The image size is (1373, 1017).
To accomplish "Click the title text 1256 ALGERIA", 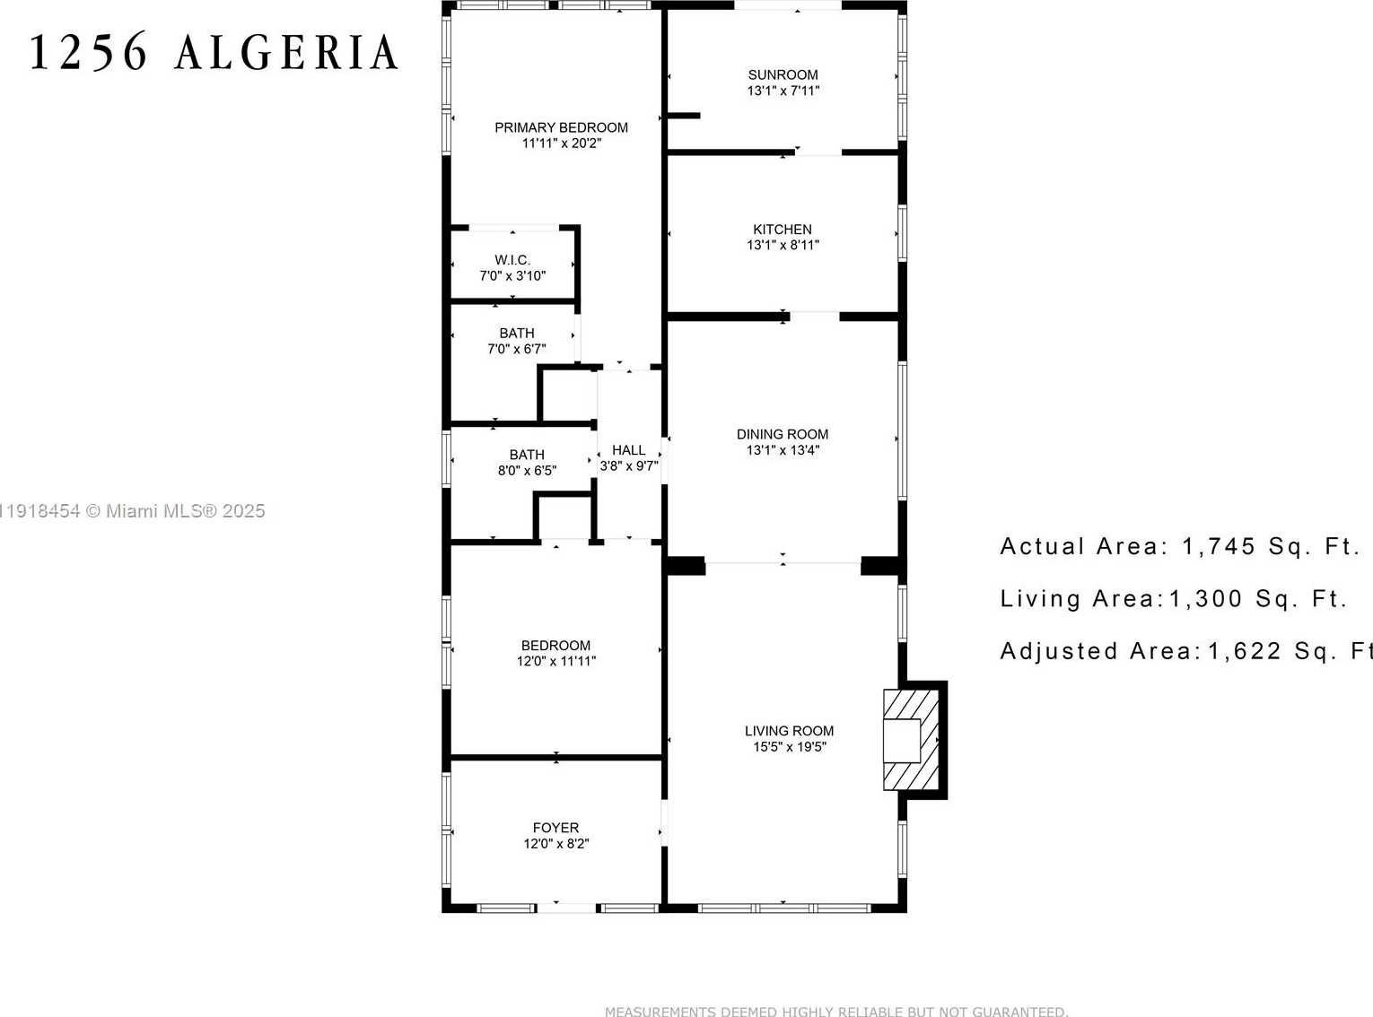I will pyautogui.click(x=214, y=53).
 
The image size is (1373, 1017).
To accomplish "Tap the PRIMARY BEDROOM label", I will pyautogui.click(x=561, y=127).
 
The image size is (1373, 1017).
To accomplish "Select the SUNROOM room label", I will pyautogui.click(x=783, y=75).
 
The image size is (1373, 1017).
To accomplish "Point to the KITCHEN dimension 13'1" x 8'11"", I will pyautogui.click(x=783, y=245).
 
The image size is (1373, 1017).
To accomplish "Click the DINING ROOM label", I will pyautogui.click(x=783, y=434).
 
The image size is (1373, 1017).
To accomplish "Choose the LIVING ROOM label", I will pyautogui.click(x=789, y=731).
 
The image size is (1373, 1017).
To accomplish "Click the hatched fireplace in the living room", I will pyautogui.click(x=910, y=740).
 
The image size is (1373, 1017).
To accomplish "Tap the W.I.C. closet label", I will pyautogui.click(x=512, y=260).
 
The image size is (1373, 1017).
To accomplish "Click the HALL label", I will pyautogui.click(x=628, y=450).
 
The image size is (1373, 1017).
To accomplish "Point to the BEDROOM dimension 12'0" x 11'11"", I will pyautogui.click(x=555, y=661).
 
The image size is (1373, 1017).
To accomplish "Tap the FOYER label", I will pyautogui.click(x=555, y=828).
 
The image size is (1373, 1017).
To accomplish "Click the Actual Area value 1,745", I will pyautogui.click(x=1218, y=546).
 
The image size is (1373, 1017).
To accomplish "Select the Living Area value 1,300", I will pyautogui.click(x=1205, y=598).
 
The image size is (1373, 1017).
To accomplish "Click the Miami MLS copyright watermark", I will pyautogui.click(x=133, y=511).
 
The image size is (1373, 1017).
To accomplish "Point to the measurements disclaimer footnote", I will pyautogui.click(x=836, y=1011).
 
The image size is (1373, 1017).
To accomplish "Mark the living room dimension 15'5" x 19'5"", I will pyautogui.click(x=789, y=747).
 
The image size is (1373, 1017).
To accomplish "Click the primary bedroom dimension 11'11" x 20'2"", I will pyautogui.click(x=561, y=143).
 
